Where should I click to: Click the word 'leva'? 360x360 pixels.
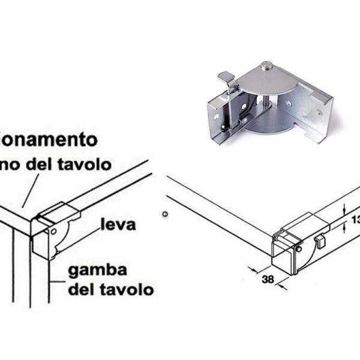[x=118, y=225]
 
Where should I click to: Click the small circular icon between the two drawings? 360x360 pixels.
[x=166, y=214]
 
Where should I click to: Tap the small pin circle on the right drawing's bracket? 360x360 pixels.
[x=298, y=246]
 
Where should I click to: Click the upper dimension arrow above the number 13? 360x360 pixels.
[x=343, y=208]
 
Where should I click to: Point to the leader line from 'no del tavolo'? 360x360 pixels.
[x=30, y=189]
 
